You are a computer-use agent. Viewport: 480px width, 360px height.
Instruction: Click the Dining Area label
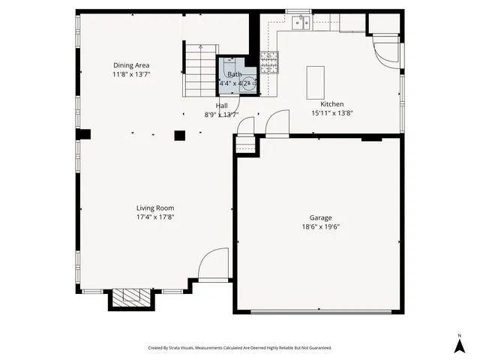[x=131, y=65]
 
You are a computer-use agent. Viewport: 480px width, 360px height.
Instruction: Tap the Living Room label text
[x=155, y=208]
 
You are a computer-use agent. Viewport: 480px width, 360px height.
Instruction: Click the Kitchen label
[x=332, y=103]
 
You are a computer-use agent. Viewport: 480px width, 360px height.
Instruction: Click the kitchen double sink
[x=301, y=22]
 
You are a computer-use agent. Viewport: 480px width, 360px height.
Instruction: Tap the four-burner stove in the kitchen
[x=269, y=63]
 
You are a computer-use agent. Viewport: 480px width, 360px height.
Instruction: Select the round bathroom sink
[x=248, y=83]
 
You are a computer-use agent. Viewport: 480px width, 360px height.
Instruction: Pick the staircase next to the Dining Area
[x=200, y=71]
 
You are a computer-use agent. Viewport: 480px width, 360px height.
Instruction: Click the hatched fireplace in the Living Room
[x=132, y=298]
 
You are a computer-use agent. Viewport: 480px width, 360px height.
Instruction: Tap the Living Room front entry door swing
[x=214, y=264]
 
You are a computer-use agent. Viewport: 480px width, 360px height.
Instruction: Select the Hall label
[x=222, y=106]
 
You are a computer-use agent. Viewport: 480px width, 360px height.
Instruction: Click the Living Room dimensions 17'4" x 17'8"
[x=155, y=217]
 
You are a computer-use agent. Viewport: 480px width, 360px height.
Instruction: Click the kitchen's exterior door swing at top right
[x=388, y=50]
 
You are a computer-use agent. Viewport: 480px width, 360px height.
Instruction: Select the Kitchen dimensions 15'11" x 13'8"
[x=332, y=112]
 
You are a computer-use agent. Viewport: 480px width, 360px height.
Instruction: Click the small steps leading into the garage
[x=245, y=145]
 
